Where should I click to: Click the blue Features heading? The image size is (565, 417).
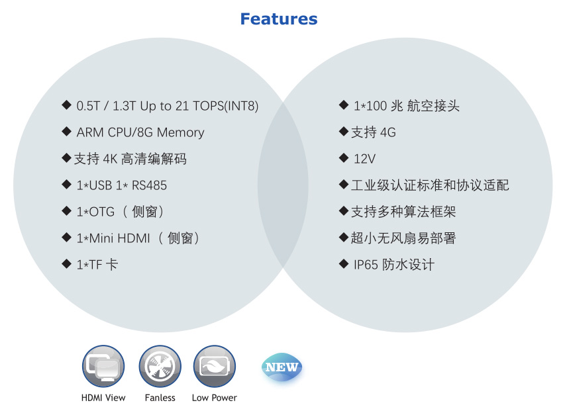click(x=279, y=19)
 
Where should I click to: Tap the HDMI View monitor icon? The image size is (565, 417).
click(x=103, y=367)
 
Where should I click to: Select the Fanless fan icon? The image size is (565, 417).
click(x=160, y=367)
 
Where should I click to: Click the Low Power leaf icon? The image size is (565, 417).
click(x=215, y=367)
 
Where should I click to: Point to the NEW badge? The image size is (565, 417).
click(x=282, y=367)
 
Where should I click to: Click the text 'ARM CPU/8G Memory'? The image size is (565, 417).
click(x=140, y=132)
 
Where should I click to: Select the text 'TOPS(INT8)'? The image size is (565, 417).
click(x=226, y=106)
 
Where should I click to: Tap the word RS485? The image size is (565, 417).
click(x=149, y=185)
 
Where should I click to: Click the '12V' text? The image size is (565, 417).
click(x=365, y=159)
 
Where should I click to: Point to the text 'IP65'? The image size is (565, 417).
click(x=366, y=265)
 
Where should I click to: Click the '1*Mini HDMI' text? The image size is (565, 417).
click(x=113, y=238)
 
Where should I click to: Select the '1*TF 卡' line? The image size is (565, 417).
click(x=97, y=265)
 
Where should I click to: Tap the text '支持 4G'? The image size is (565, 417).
click(x=374, y=132)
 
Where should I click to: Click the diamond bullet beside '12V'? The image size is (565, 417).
click(x=344, y=158)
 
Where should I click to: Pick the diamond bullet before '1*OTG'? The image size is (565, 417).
click(x=66, y=210)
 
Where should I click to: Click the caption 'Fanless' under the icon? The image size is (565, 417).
click(x=160, y=398)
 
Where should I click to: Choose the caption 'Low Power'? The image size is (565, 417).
click(x=215, y=398)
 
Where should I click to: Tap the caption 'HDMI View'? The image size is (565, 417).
click(x=103, y=398)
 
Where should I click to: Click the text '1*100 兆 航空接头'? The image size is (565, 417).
click(x=407, y=106)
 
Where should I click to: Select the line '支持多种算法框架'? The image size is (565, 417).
click(x=403, y=212)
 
